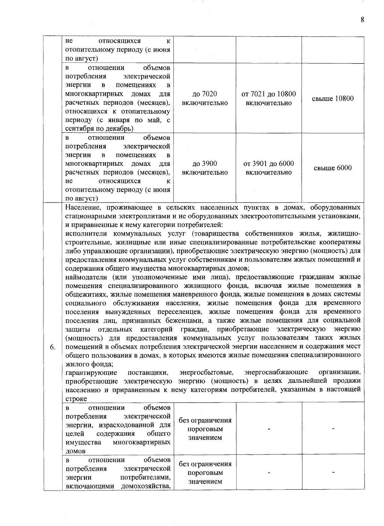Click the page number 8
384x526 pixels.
pyautogui.click(x=362, y=20)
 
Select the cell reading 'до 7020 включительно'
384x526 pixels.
pyautogui.click(x=205, y=98)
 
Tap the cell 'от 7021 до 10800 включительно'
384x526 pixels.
pyautogui.click(x=269, y=98)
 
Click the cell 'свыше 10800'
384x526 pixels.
pyautogui.click(x=333, y=98)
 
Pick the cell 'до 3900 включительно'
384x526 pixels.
pyautogui.click(x=205, y=168)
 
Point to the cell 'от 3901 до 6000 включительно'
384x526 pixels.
pyautogui.click(x=269, y=168)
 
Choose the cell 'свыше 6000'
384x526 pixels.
pyautogui.click(x=333, y=168)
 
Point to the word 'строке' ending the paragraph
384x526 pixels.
pyautogui.click(x=76, y=399)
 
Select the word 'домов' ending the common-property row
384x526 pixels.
pyautogui.click(x=75, y=451)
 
